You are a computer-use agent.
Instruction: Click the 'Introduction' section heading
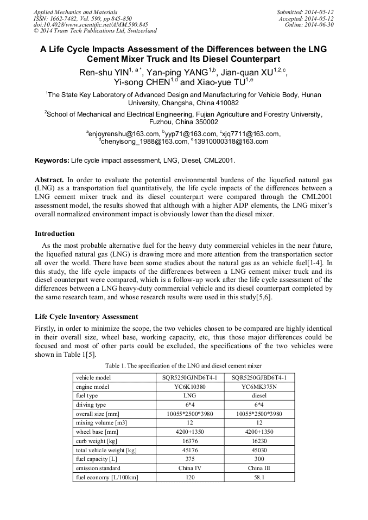pos(55,234)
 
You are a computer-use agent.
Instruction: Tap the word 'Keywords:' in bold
pos(52,161)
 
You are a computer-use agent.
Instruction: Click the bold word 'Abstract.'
pos(49,179)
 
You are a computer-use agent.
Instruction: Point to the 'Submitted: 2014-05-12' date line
pos(305,12)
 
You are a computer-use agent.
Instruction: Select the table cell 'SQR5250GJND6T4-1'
pos(186,377)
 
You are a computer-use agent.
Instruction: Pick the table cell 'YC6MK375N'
pos(259,387)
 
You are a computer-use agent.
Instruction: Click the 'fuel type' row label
pos(87,396)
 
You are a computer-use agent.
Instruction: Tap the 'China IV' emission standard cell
pos(186,468)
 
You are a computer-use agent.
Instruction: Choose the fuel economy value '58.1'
pos(259,477)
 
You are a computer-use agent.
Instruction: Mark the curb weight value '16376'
pos(186,441)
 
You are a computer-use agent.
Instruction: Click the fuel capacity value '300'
pos(259,459)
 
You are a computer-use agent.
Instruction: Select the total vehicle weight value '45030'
pos(259,450)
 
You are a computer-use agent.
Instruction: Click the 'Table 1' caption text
pos(183,365)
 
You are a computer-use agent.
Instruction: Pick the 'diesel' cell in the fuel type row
pos(259,396)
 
